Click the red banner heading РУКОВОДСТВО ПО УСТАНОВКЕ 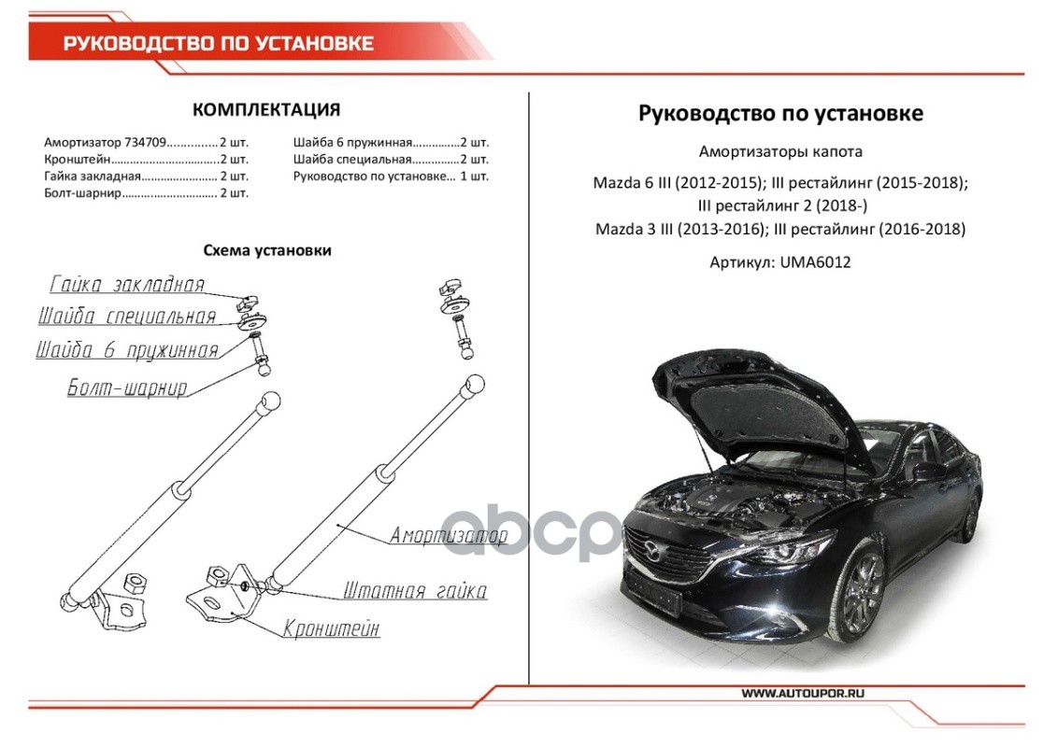click(x=218, y=44)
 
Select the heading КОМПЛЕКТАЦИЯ click(x=266, y=110)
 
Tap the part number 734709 click(x=145, y=143)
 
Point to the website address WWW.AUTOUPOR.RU click(x=803, y=693)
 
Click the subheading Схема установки click(x=267, y=250)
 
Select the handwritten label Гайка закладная click(x=127, y=285)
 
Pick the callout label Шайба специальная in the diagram click(x=127, y=317)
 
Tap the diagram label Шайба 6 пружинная click(x=127, y=351)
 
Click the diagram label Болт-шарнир click(x=127, y=388)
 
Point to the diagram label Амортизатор click(x=449, y=535)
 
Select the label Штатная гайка click(x=415, y=591)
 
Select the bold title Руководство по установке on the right click(x=780, y=113)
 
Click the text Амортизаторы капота click(x=780, y=152)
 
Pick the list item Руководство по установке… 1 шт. click(x=391, y=176)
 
